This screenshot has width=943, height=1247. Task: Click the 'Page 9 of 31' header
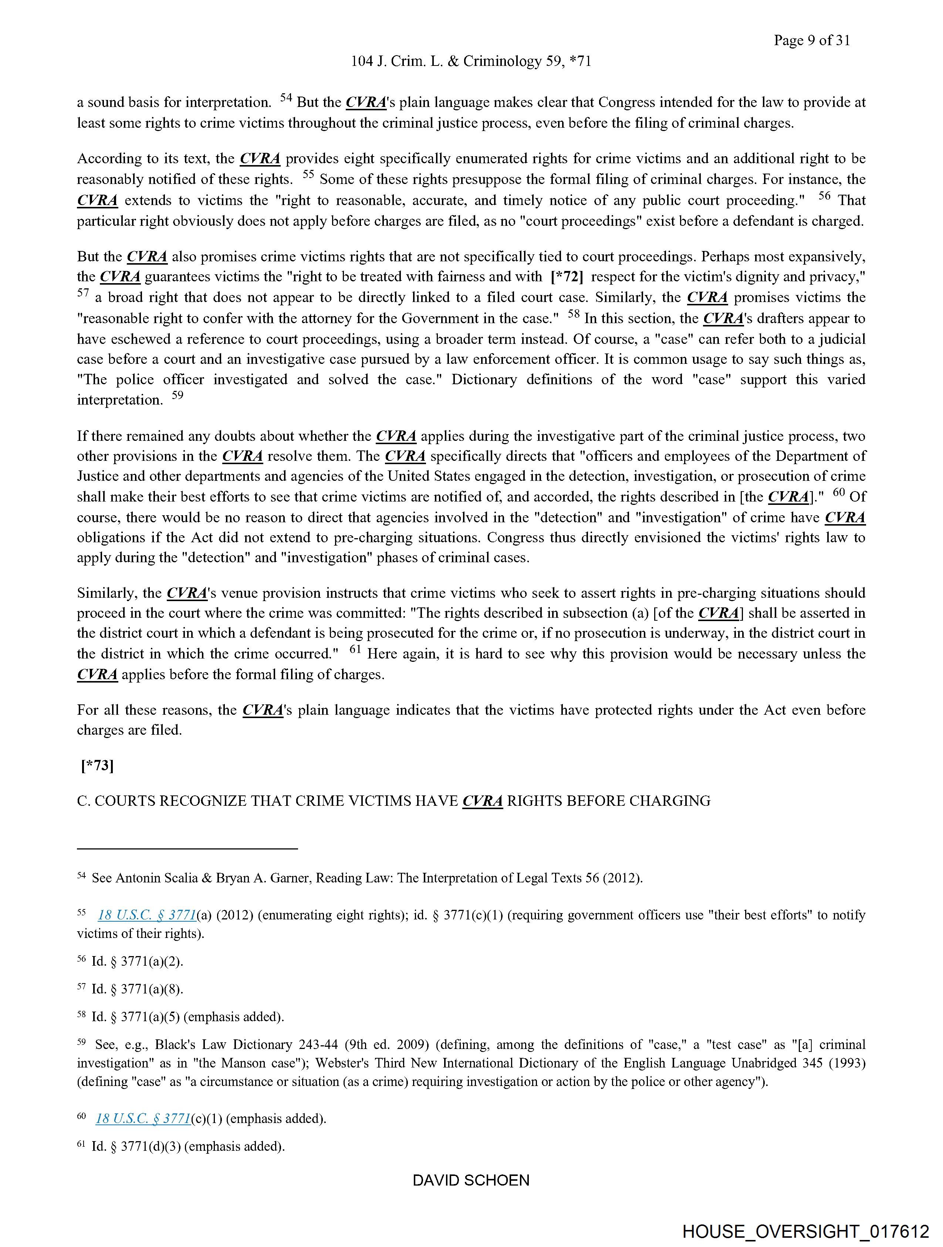coord(812,40)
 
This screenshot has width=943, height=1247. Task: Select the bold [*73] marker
coord(98,765)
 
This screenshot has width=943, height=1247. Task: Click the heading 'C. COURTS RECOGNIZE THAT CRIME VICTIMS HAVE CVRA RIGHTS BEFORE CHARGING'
coord(393,801)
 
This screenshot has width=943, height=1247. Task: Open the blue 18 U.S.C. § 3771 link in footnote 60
coord(143,1119)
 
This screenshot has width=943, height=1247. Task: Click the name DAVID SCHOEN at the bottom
coord(471,1180)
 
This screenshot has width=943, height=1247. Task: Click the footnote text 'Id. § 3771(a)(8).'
coord(138,989)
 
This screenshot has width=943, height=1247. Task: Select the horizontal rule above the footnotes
coord(187,848)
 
